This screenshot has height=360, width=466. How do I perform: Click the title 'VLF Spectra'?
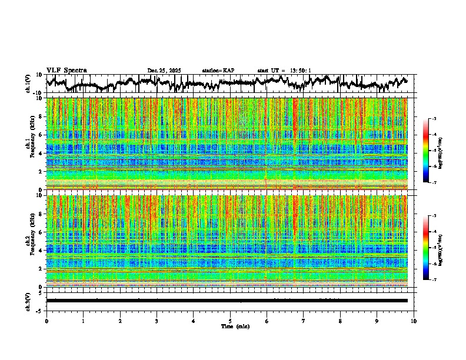coord(66,71)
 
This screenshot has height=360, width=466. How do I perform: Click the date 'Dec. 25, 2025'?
coord(164,71)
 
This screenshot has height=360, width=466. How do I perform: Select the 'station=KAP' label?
coord(218,71)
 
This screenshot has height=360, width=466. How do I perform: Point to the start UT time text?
coord(284,71)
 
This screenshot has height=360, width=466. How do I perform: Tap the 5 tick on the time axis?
coord(230,321)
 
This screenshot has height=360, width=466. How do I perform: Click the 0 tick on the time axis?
coord(46,321)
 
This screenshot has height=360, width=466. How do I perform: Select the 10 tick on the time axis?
coord(414,321)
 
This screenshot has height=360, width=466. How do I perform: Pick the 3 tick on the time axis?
coord(157,321)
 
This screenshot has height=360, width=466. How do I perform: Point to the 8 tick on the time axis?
coord(340,321)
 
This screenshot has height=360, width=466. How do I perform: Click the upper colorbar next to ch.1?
coord(426,150)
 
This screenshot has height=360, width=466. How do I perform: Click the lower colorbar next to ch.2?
coord(426,247)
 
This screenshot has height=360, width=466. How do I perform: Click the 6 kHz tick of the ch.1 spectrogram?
coord(41,135)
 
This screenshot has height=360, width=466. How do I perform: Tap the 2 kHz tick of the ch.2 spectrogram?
coord(41,269)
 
